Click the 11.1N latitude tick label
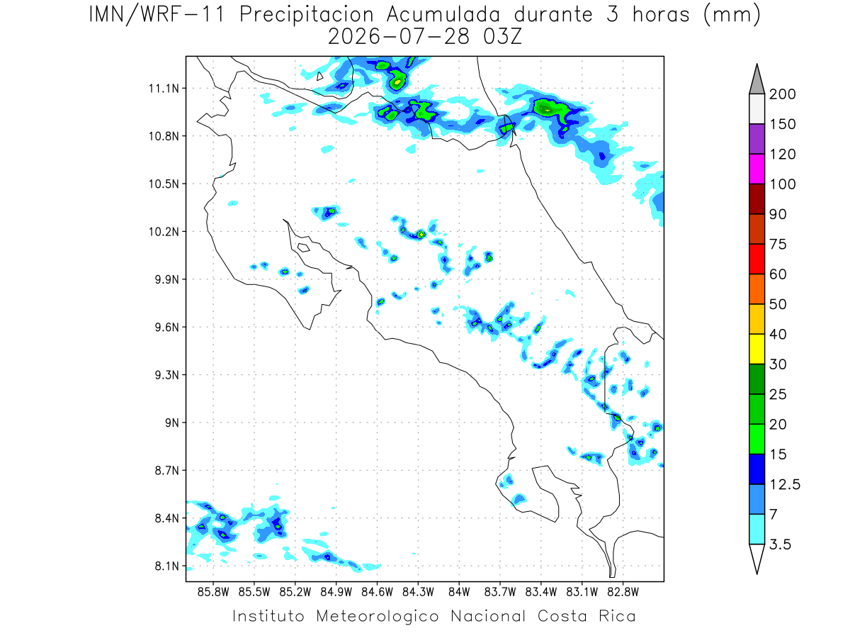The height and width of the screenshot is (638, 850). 164,89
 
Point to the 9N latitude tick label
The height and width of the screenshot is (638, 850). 172,422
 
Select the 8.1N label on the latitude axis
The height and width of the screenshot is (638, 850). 167,566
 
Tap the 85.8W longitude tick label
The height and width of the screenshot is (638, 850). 213,593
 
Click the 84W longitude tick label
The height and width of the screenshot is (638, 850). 459,593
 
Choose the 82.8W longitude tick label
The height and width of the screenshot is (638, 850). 623,593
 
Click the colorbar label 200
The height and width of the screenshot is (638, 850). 782,94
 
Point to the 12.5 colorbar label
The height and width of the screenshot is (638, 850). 785,485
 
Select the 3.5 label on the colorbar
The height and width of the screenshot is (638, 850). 780,544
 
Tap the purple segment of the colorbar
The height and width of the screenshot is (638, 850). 757,139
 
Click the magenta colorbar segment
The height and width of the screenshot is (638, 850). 757,169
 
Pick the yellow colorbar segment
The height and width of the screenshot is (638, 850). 757,349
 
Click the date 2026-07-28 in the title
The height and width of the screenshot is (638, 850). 399,38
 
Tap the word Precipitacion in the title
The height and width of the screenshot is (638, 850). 307,16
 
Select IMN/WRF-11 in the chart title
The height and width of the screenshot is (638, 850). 157,16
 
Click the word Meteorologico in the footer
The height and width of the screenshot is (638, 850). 378,616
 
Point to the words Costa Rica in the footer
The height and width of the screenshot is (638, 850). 586,616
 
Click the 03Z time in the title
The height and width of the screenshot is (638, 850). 502,38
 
